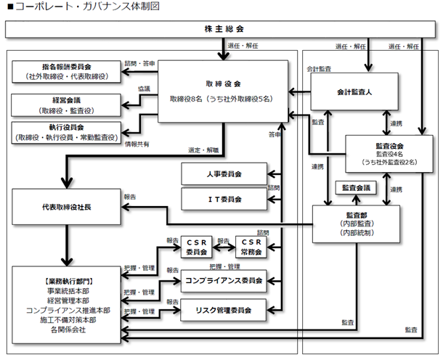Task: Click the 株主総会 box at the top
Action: [x=220, y=29]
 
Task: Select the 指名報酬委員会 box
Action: [x=66, y=71]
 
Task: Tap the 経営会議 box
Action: [x=66, y=105]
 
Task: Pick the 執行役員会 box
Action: [x=66, y=132]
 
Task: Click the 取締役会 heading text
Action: [x=223, y=84]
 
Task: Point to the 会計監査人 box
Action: [x=354, y=91]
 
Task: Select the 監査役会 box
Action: [x=389, y=154]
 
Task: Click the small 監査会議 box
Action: [x=356, y=188]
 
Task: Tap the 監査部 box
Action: [x=356, y=224]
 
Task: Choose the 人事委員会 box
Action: [x=224, y=173]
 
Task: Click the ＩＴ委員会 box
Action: [x=224, y=199]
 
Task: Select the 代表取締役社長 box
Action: [x=66, y=207]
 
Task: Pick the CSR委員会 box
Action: [x=196, y=247]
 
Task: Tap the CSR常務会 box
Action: [x=251, y=247]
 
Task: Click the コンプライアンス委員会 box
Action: [x=224, y=281]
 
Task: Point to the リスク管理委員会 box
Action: [x=223, y=310]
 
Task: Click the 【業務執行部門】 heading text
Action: [x=68, y=281]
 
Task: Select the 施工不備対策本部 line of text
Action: [x=68, y=320]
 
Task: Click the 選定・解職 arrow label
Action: [x=203, y=150]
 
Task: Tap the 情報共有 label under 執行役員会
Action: [x=137, y=144]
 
